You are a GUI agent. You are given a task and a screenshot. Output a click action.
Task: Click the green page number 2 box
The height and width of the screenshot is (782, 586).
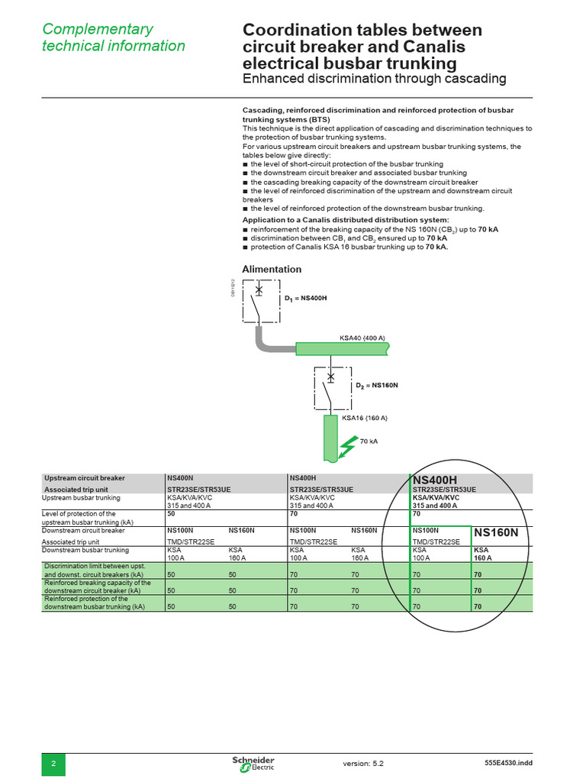(x=53, y=764)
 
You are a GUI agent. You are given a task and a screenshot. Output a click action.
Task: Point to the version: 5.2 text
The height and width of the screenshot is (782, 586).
(x=363, y=763)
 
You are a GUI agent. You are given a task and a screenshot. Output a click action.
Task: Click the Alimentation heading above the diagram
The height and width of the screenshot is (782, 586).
(x=272, y=270)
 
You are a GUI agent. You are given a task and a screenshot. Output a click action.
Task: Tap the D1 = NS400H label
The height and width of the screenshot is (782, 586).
(x=305, y=298)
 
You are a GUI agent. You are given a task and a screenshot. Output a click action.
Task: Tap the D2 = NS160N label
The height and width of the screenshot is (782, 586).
(x=377, y=385)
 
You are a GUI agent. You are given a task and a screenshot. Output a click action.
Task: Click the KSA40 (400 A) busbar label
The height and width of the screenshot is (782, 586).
(x=362, y=338)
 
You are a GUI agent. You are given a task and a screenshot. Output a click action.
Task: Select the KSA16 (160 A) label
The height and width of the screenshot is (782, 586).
(x=365, y=418)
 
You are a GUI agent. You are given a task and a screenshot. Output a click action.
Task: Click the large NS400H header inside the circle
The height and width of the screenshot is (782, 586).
(x=435, y=480)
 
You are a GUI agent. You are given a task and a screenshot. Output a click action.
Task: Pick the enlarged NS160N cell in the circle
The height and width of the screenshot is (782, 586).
(x=496, y=532)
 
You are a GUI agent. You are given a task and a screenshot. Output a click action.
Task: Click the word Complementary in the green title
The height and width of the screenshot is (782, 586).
(x=98, y=29)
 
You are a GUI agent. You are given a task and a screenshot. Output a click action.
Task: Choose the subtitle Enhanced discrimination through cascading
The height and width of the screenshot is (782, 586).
(x=374, y=79)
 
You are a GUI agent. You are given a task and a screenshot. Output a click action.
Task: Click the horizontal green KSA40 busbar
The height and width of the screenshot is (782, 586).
(x=342, y=349)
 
